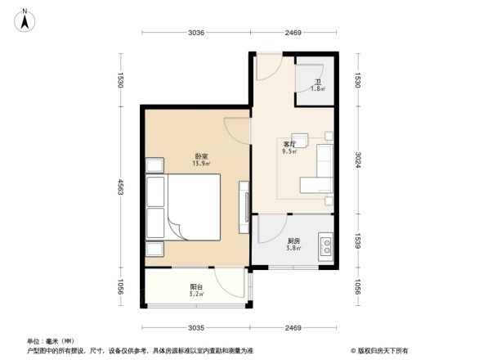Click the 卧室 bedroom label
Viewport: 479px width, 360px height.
pos(200,156)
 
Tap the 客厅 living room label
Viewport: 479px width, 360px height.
pos(289,144)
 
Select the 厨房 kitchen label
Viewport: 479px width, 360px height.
pos(293,241)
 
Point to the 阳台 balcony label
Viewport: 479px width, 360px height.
pos(196,286)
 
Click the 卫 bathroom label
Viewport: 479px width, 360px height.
pos(317,82)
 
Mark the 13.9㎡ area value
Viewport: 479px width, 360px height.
pos(200,164)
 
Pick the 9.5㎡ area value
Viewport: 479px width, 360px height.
pos(289,151)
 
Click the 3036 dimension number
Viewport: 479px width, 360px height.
pos(195,33)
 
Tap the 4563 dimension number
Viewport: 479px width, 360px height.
pos(119,187)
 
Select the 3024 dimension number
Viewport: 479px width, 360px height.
pos(359,158)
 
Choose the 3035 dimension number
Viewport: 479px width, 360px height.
pos(195,327)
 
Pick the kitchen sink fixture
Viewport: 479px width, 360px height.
pos(325,243)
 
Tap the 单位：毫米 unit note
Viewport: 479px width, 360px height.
pos(51,340)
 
